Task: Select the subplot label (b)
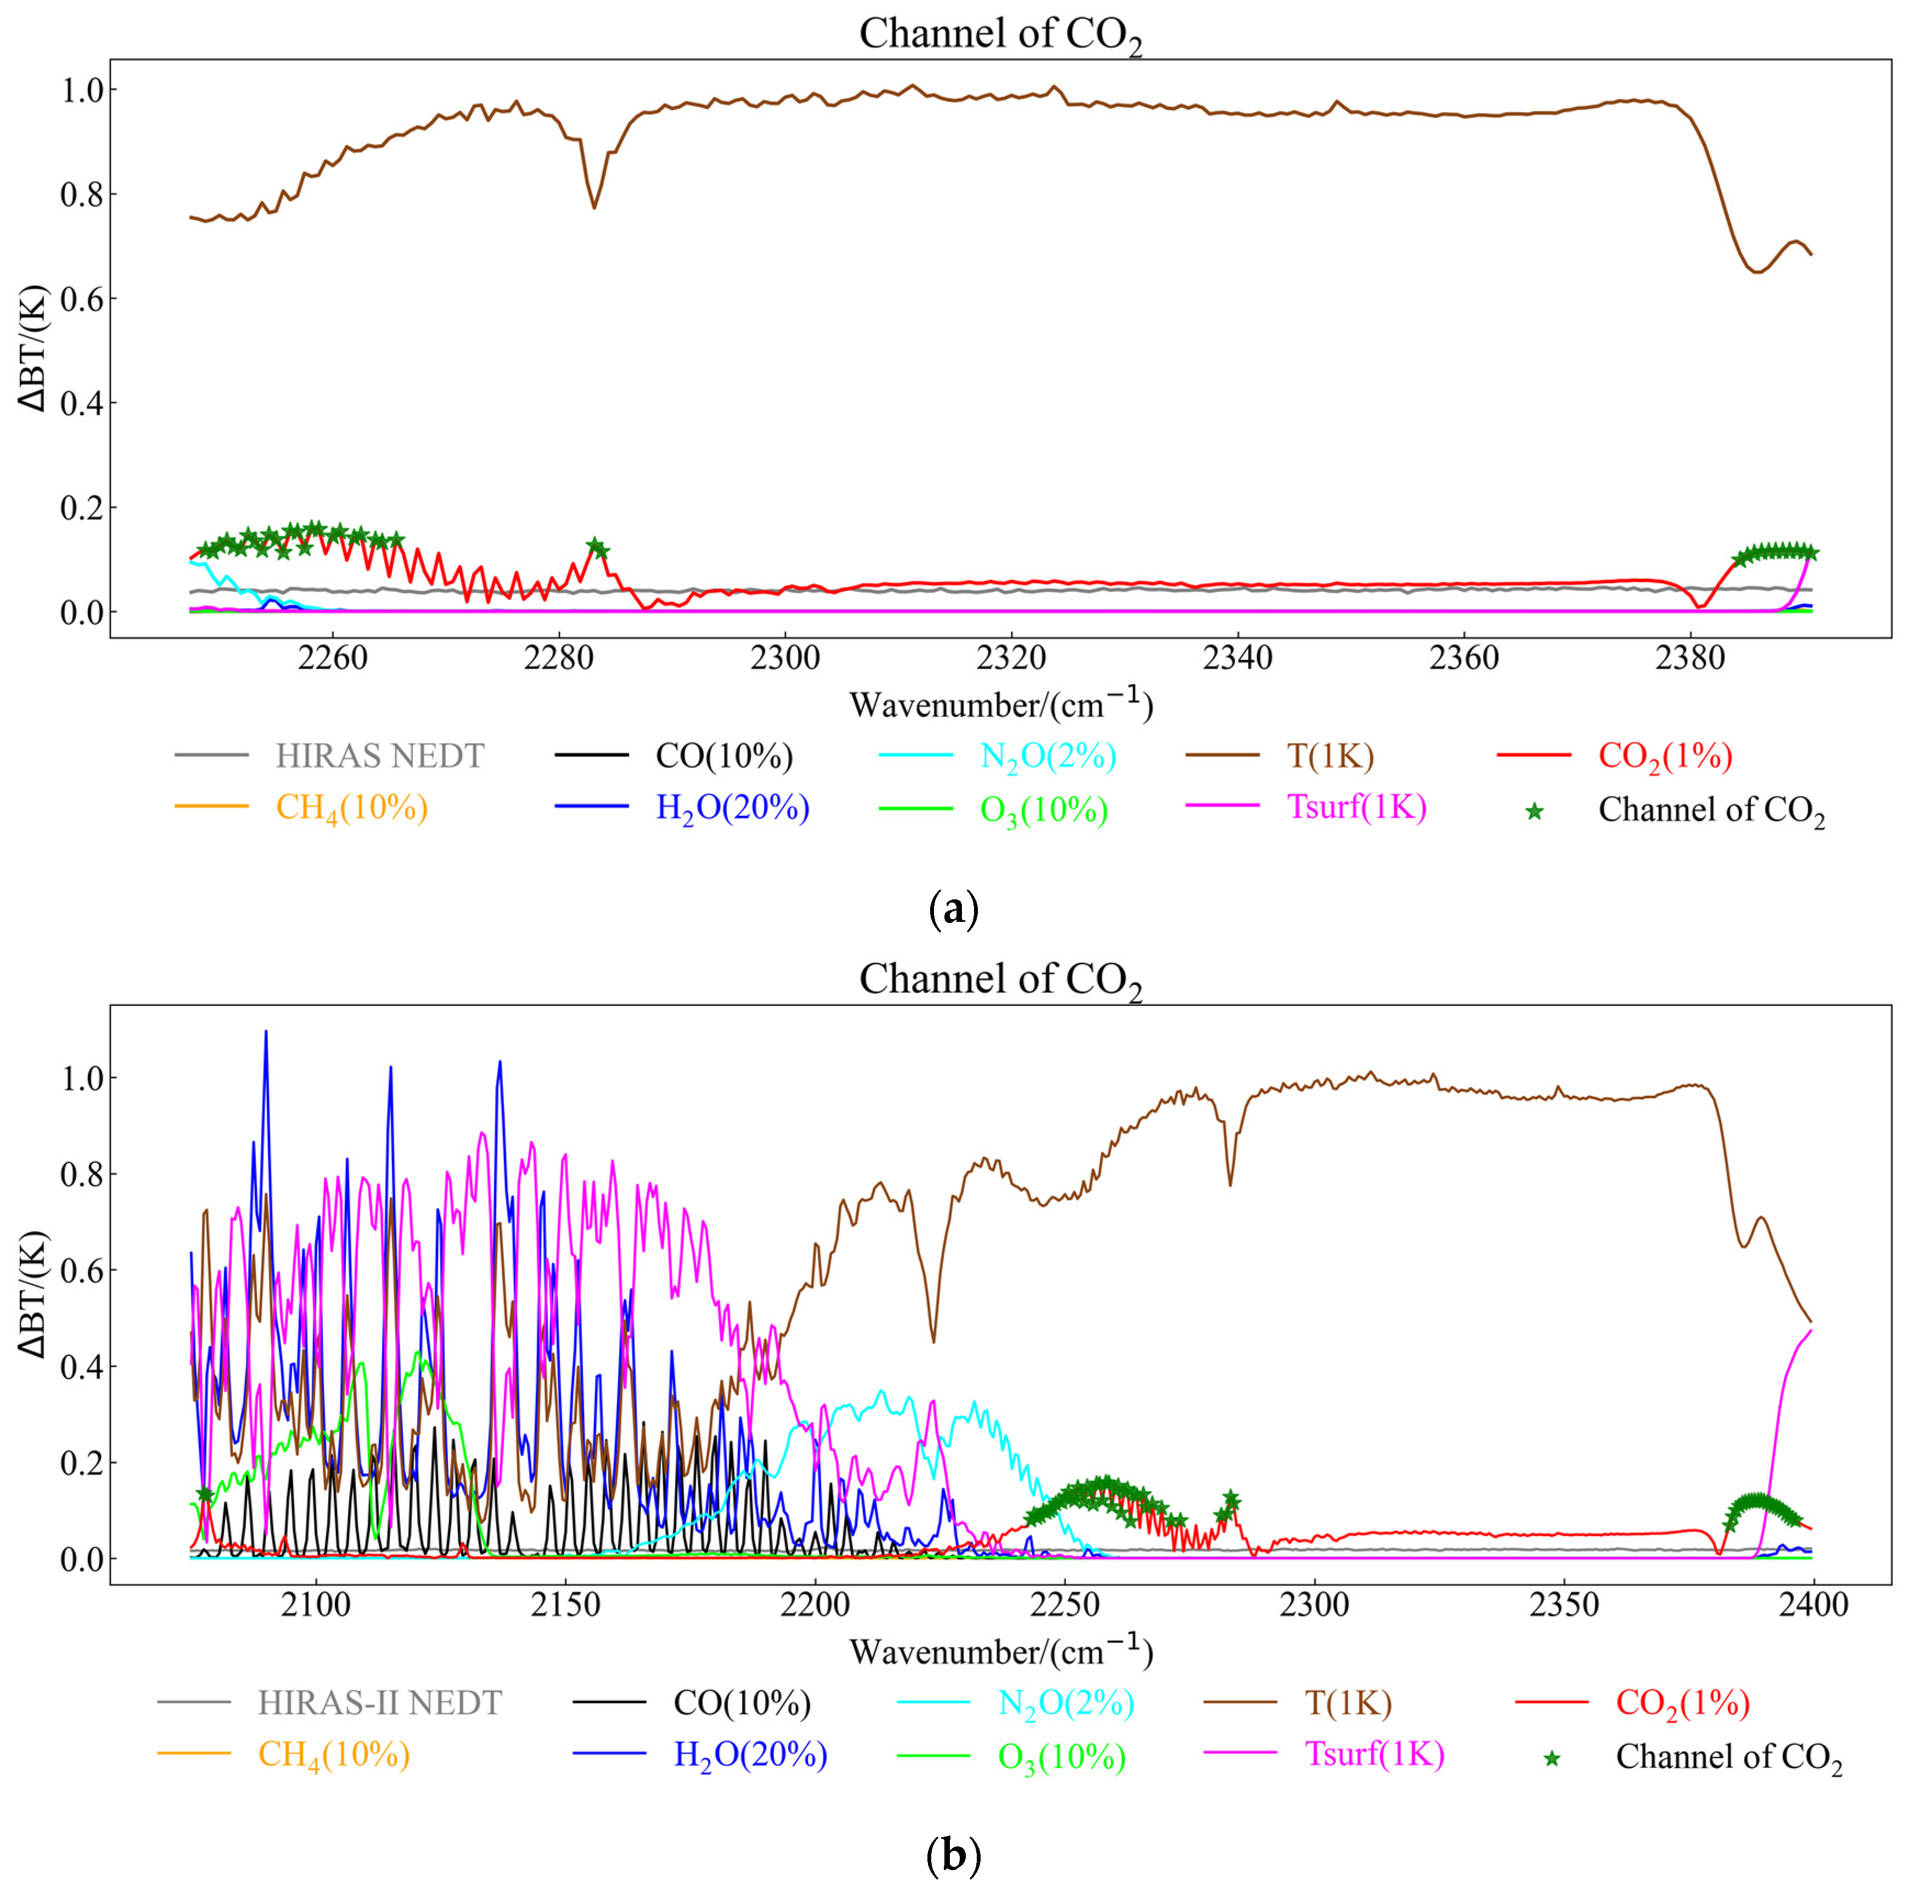click(x=953, y=1856)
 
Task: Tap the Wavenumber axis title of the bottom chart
click(x=1000, y=1651)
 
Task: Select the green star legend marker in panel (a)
click(x=1534, y=812)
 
